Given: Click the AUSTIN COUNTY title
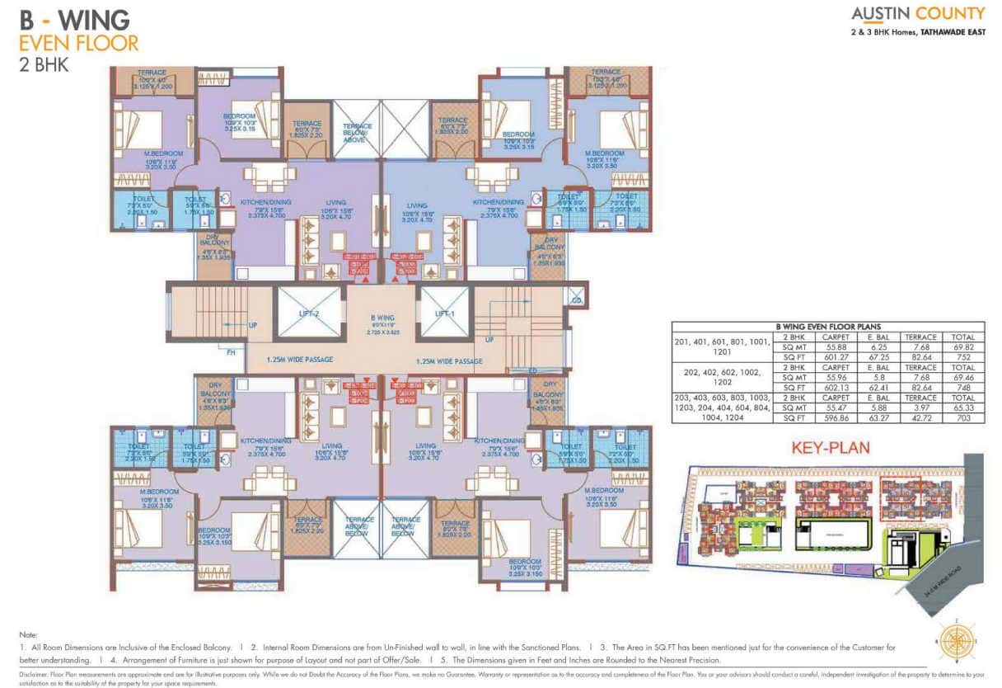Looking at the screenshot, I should (918, 13).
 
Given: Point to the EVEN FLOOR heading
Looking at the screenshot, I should (79, 42).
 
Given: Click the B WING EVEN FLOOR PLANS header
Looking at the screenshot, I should (827, 327).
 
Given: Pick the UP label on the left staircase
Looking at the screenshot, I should (253, 325).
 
